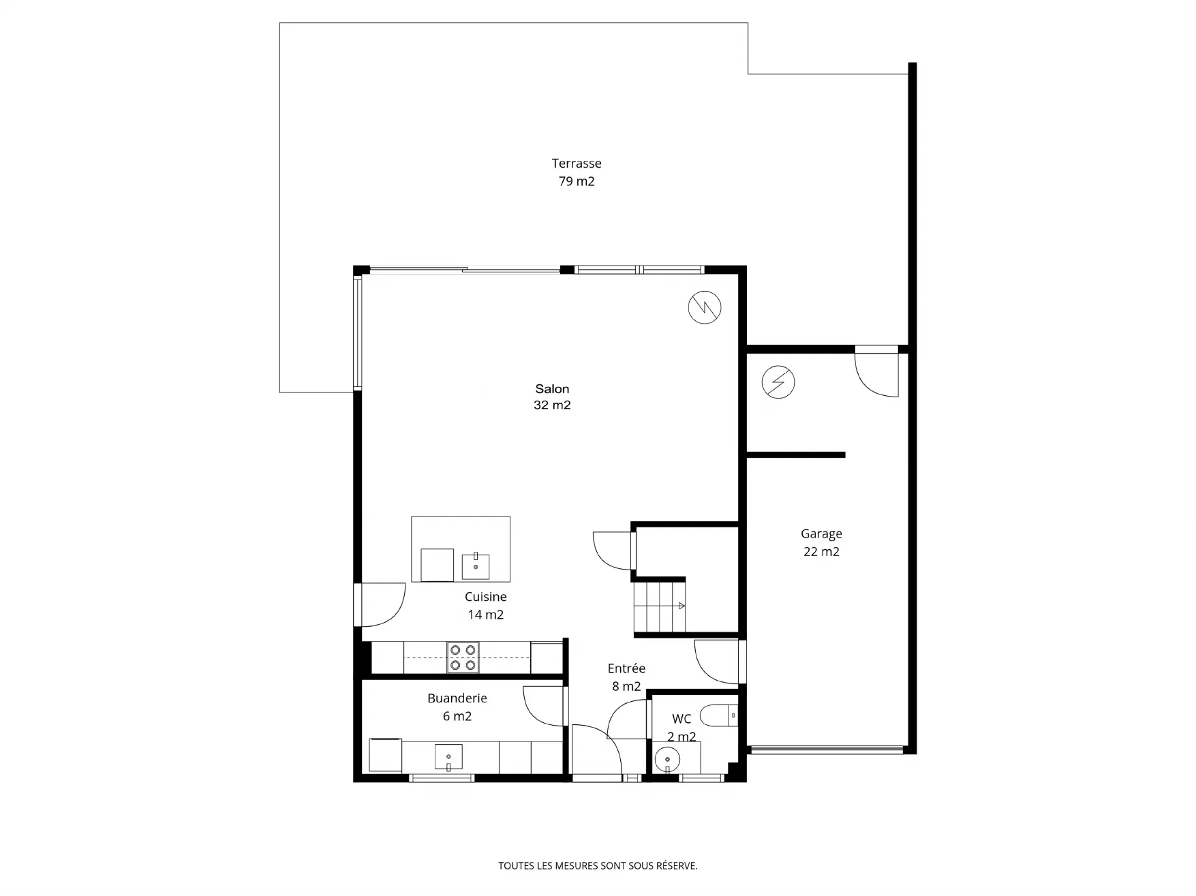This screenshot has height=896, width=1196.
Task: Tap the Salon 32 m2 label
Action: (552, 397)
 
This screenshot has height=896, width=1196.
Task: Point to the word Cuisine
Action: (486, 597)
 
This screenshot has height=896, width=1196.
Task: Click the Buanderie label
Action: (457, 698)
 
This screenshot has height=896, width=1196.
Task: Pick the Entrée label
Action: (626, 668)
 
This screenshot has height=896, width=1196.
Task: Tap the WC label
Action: (681, 719)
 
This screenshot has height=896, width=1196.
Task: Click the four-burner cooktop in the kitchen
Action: (463, 658)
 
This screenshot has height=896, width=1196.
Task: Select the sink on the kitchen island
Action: (476, 566)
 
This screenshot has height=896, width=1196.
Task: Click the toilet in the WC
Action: (719, 715)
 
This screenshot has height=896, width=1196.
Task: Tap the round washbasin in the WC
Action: (667, 759)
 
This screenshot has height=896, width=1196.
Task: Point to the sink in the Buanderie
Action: (448, 757)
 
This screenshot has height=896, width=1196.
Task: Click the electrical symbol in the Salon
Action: (705, 307)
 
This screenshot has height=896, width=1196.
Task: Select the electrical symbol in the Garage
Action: (778, 382)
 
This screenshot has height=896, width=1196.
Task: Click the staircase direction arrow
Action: (682, 606)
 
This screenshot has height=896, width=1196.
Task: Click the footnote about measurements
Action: (598, 866)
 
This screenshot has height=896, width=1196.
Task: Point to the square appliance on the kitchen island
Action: (438, 565)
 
